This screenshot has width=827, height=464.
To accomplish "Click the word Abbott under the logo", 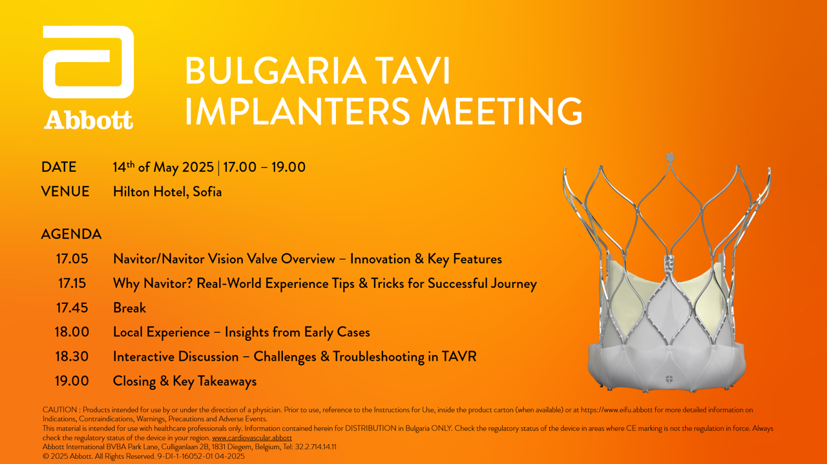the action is click(89, 120).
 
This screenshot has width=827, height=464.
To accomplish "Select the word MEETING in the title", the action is click(501, 111).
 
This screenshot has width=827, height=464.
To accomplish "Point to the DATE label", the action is click(59, 167).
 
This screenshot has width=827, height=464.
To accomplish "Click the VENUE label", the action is click(65, 192).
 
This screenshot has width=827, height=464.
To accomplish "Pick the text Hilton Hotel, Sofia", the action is click(167, 192).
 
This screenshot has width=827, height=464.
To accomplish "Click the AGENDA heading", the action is click(71, 234).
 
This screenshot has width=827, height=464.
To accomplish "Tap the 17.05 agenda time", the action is click(72, 259).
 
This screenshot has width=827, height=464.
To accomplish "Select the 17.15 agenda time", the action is click(72, 283).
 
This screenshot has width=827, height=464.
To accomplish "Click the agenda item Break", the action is click(130, 308).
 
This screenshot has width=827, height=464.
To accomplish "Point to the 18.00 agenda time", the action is click(72, 332).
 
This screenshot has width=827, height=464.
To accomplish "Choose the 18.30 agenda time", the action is click(72, 357).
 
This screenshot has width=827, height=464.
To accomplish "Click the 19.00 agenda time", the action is click(72, 381).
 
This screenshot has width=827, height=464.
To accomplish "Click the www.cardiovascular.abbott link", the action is click(252, 438).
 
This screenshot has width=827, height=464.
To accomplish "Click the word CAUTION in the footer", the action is click(59, 410).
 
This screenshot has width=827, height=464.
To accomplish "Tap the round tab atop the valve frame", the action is click(670, 157).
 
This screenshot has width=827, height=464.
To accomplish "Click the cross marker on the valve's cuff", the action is click(669, 379).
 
